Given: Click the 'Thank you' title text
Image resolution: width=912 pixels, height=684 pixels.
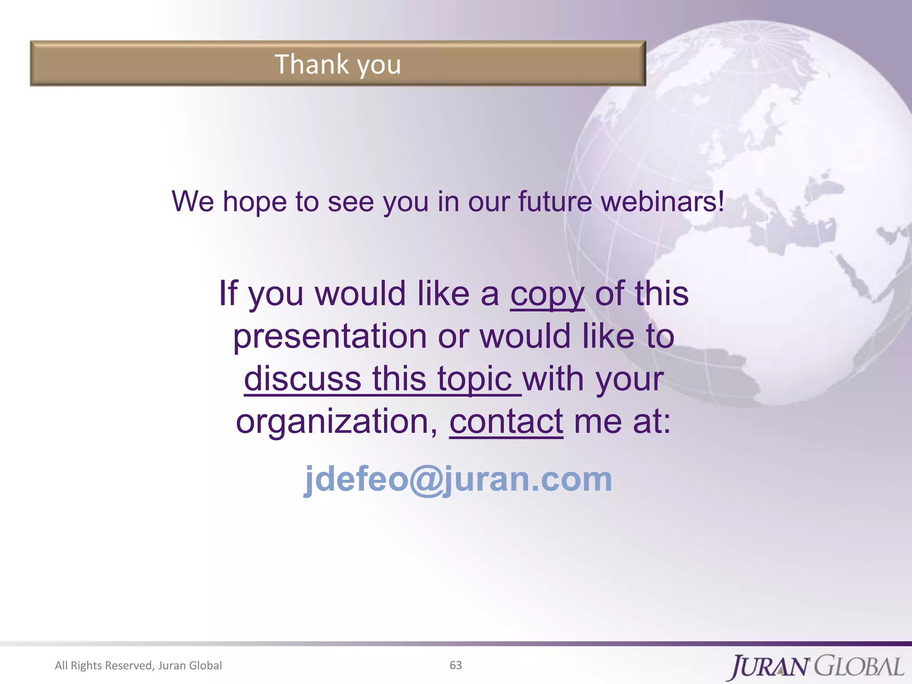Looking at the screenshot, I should [x=338, y=65].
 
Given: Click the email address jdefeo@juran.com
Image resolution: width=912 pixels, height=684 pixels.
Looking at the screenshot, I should [x=458, y=479].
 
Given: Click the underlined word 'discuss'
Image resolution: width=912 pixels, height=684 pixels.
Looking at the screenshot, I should [x=302, y=379].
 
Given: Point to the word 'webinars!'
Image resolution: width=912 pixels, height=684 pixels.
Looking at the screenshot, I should [x=663, y=202].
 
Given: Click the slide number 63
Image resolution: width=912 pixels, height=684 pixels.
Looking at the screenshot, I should [x=456, y=665].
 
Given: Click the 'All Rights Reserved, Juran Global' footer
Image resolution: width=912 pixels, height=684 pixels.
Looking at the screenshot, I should [x=138, y=665].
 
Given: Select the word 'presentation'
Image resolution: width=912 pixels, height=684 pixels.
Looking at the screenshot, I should [x=330, y=337].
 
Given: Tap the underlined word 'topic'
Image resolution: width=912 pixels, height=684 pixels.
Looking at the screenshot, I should [x=475, y=379].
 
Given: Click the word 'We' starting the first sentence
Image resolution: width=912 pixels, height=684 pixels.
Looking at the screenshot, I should [x=193, y=202].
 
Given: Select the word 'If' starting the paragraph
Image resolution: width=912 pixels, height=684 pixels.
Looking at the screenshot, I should [x=228, y=294].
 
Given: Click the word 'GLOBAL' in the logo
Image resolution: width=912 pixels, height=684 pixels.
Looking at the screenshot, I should [x=859, y=666].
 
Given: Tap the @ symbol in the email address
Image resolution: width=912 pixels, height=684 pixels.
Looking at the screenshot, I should [x=426, y=480].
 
